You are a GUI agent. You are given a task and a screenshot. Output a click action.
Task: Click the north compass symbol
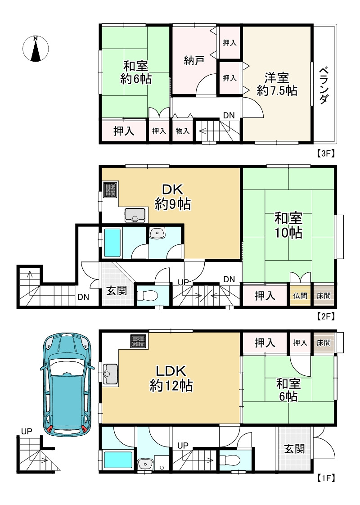pos(36,49)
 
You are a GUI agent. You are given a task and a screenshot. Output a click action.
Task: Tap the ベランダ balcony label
pos(324,86)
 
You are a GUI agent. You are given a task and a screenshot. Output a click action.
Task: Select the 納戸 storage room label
pos(194,60)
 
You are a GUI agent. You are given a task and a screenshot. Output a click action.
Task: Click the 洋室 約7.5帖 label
pos(277,84)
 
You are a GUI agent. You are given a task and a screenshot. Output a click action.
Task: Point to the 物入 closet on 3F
pos(182,131)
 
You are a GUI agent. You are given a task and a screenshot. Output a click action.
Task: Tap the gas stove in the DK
pos(111,189)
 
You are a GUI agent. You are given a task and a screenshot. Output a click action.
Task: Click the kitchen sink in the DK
pos(135,215)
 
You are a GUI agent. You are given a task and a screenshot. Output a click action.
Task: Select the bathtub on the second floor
pos(112,243)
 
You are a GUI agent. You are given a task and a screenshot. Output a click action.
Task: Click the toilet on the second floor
pos(147,295)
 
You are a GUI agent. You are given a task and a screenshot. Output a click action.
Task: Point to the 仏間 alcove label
pos(300,295)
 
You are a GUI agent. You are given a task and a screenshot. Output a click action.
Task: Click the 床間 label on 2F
pos(324,295)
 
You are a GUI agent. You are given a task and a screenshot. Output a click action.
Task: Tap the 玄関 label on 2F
pos(117,290)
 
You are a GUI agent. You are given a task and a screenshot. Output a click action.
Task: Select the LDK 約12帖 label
pos(171,378)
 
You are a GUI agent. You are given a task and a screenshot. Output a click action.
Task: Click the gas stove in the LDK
pos(138,341)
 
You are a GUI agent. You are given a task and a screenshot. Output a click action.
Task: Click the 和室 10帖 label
pos(288,225)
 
